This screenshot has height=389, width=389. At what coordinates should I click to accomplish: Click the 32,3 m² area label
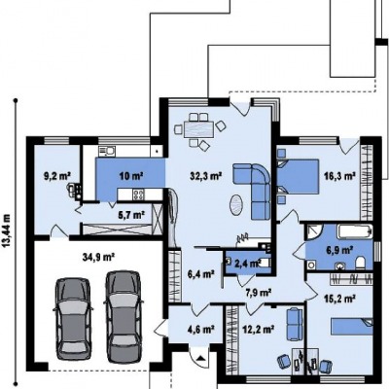(206, 176)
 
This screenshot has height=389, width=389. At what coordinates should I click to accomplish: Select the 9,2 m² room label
(57, 176)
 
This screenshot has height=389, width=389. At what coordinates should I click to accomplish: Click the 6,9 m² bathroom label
(339, 250)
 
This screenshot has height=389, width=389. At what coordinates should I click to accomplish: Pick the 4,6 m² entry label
(201, 330)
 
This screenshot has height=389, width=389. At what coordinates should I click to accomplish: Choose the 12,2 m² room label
(259, 330)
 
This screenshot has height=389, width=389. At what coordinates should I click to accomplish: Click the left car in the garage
(73, 319)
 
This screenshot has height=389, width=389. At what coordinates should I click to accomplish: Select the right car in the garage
(124, 317)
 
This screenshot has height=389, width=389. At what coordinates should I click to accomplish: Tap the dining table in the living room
(199, 129)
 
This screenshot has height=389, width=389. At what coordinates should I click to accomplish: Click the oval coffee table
(236, 204)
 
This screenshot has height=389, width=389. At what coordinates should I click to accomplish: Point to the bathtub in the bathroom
(355, 231)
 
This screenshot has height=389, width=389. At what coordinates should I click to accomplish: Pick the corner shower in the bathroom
(313, 231)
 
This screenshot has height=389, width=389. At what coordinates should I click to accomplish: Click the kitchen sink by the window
(107, 151)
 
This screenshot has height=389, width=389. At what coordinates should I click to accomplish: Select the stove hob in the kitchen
(138, 194)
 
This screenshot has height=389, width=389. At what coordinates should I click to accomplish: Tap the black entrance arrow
(201, 359)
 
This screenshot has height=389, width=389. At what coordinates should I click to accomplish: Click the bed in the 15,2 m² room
(352, 327)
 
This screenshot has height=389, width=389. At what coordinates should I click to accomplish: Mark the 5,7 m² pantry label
(131, 214)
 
